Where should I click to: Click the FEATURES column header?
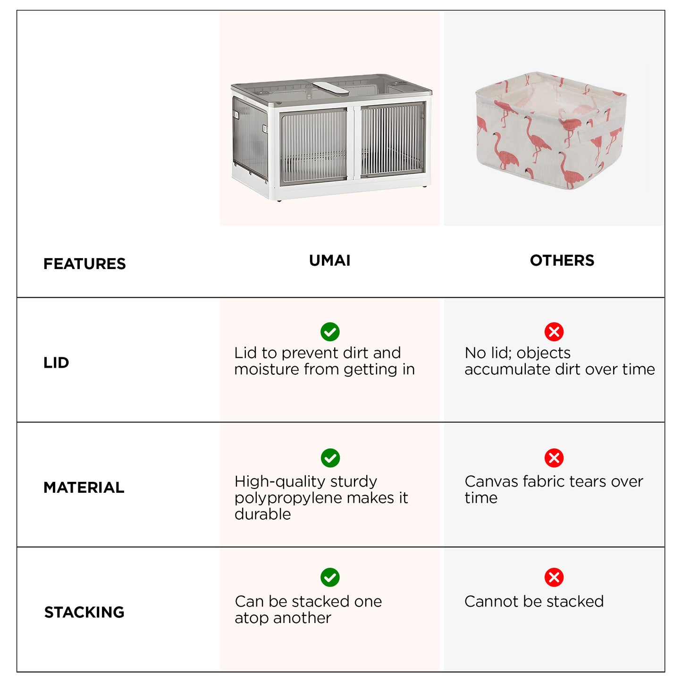click(84, 264)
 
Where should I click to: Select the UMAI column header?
click(329, 260)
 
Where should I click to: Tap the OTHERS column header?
click(562, 260)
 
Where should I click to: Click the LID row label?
click(56, 362)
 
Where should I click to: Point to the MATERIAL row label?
click(84, 488)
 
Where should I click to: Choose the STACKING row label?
click(84, 612)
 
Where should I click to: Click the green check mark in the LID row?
click(330, 332)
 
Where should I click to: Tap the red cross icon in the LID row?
click(554, 332)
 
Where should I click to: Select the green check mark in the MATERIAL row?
click(330, 458)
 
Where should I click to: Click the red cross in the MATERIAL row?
click(554, 458)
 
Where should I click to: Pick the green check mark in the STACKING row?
click(330, 577)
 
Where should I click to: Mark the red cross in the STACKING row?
click(554, 577)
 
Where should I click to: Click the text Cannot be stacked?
click(534, 601)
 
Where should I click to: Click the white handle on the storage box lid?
click(330, 88)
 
